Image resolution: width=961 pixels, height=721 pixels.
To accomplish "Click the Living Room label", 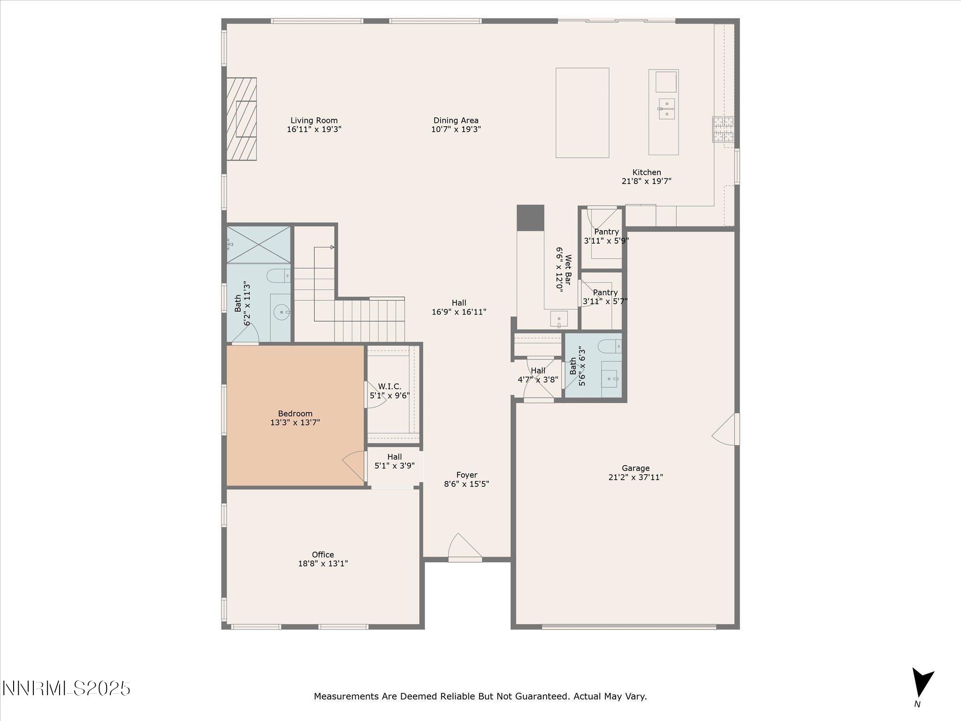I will coord(314,121).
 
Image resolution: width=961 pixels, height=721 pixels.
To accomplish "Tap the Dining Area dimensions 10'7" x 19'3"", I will coord(456,130).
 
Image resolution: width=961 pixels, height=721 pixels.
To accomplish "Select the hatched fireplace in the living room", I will coord(242,119).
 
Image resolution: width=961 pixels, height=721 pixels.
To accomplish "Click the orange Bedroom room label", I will coord(295,414).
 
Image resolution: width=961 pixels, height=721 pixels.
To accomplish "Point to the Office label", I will coord(323,555).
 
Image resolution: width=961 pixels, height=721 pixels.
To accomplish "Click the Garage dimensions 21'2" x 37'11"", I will coord(635,477).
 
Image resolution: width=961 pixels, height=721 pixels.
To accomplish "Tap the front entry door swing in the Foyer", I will coord(464,547).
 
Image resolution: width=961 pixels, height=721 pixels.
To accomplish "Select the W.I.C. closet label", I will coord(389,386).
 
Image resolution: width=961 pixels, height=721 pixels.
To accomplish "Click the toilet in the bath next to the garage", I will coord(609,346).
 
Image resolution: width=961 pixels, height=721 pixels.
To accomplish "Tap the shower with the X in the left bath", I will coord(259,245).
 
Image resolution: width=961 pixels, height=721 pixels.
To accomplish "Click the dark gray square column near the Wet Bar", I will coord(530,218).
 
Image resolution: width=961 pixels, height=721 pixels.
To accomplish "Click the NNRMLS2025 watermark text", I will coord(66,689).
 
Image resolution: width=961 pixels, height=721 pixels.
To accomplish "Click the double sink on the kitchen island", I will coord(667,108).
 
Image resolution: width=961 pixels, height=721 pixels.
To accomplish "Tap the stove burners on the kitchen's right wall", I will coord(723,130).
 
